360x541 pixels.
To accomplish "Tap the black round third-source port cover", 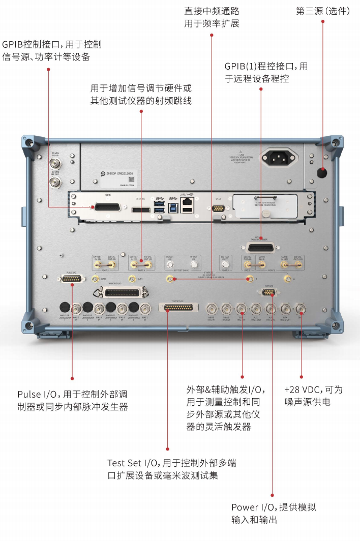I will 321,173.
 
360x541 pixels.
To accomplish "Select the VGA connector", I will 218,207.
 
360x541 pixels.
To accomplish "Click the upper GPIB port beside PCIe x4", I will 107,207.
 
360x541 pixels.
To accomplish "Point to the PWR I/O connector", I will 270,291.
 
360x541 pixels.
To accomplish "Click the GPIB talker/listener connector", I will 261,248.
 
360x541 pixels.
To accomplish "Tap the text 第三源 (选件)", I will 322,11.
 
